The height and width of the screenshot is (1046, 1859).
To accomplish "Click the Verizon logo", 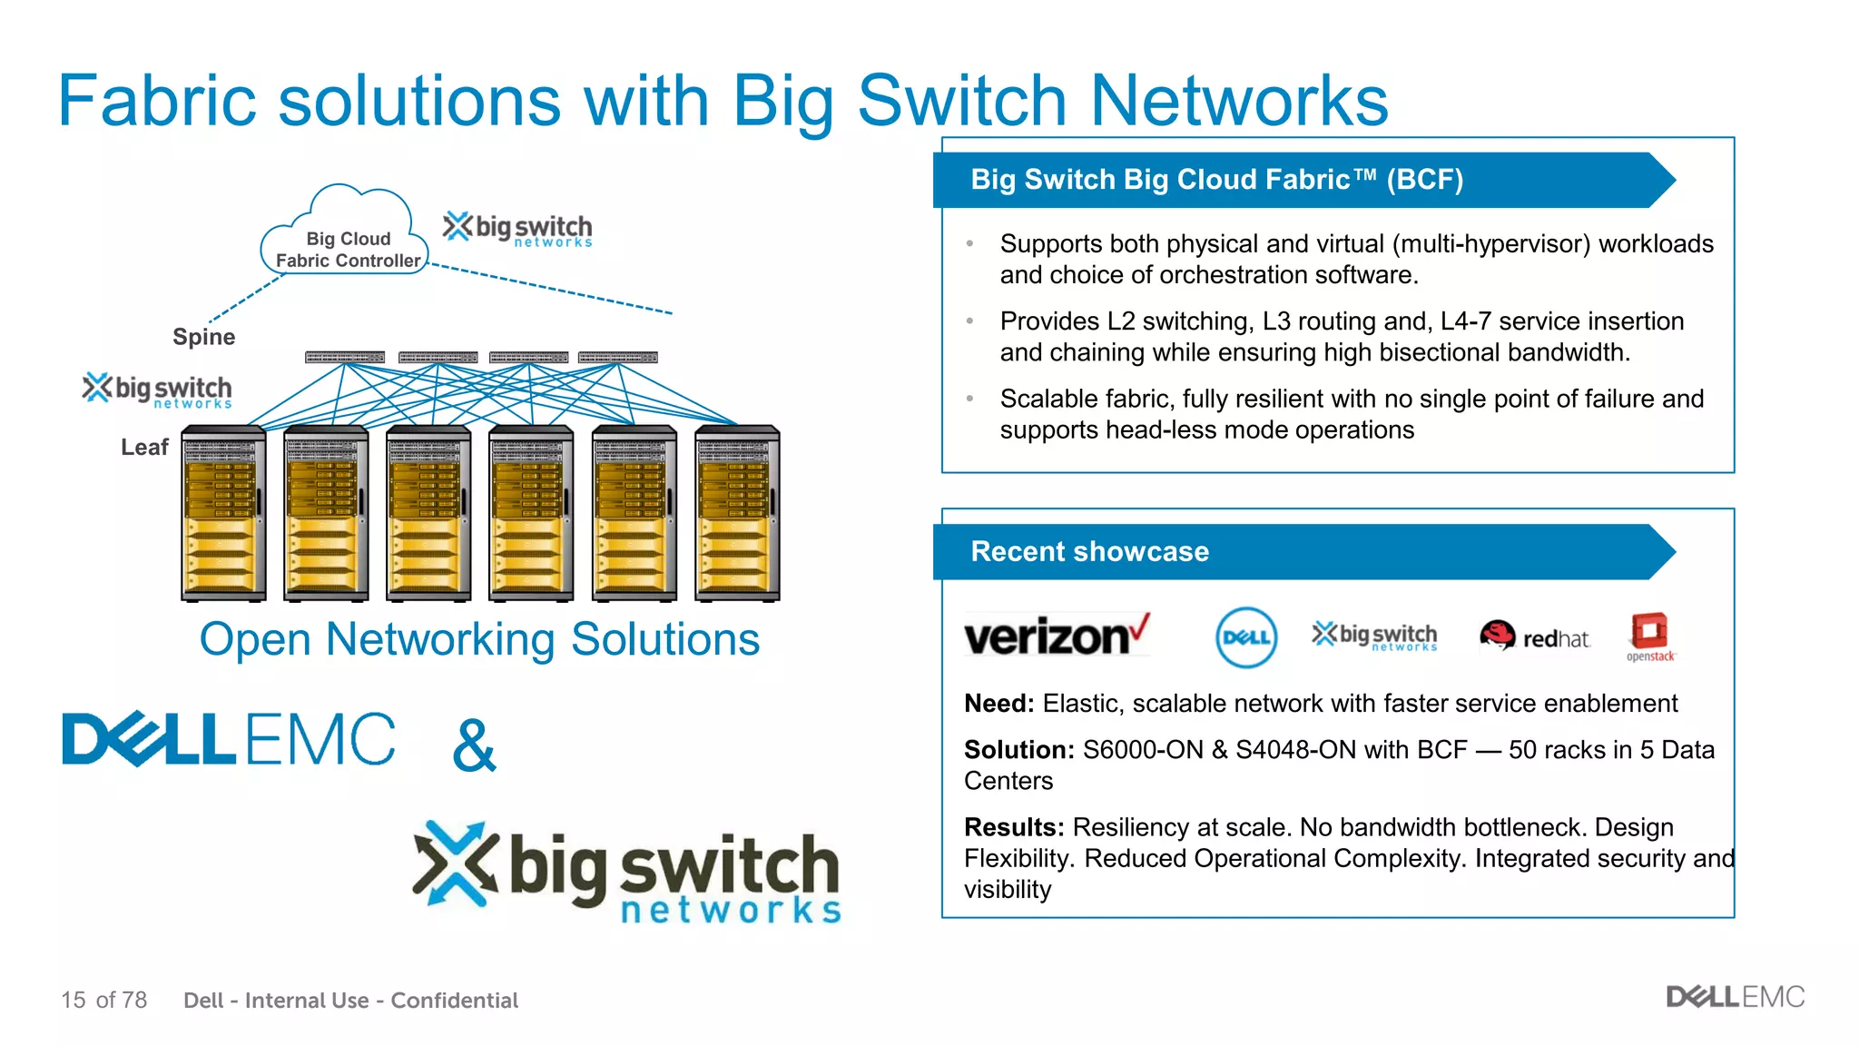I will pyautogui.click(x=1056, y=636).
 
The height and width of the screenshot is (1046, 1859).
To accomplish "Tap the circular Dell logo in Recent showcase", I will pyautogui.click(x=1245, y=637).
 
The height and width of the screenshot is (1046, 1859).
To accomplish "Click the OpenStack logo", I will pyautogui.click(x=1649, y=636).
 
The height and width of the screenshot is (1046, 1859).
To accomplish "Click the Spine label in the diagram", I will pyautogui.click(x=203, y=337).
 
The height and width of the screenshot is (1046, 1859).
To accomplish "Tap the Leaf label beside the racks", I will pyautogui.click(x=144, y=447).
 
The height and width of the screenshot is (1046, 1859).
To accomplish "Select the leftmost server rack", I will pyautogui.click(x=223, y=513).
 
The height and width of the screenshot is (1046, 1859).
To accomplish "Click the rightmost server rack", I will pyautogui.click(x=737, y=513).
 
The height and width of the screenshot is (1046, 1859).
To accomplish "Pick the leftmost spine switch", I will pyautogui.click(x=345, y=357).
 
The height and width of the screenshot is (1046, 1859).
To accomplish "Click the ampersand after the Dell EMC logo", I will pyautogui.click(x=474, y=745).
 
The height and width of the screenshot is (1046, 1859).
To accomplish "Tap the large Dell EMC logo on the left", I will pyautogui.click(x=229, y=738).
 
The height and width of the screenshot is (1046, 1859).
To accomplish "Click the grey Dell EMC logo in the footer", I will pyautogui.click(x=1735, y=997).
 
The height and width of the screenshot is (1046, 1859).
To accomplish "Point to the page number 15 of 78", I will pyautogui.click(x=103, y=1000).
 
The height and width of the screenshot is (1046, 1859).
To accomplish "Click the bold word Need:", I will pyautogui.click(x=998, y=704).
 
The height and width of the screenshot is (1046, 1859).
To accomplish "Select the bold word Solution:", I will pyautogui.click(x=1018, y=750).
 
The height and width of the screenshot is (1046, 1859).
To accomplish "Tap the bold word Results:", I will pyautogui.click(x=1013, y=827).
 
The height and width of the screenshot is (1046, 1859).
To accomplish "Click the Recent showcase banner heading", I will pyautogui.click(x=1089, y=551).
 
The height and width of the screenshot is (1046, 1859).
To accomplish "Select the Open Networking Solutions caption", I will pyautogui.click(x=479, y=639).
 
